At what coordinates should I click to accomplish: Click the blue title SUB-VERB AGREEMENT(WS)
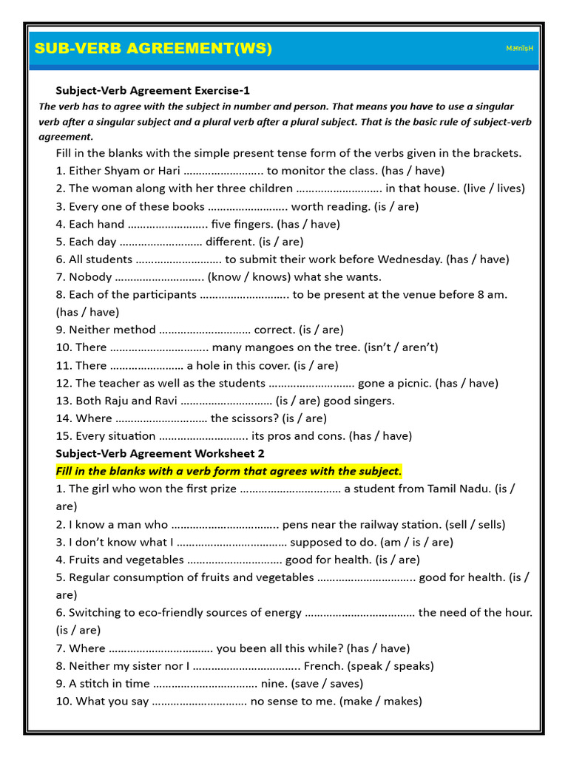153,49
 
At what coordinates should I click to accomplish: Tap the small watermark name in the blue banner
520,49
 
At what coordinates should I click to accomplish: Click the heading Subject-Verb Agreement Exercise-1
153,90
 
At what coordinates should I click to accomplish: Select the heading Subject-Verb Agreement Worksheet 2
160,453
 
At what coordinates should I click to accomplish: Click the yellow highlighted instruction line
229,471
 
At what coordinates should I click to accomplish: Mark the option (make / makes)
380,702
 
